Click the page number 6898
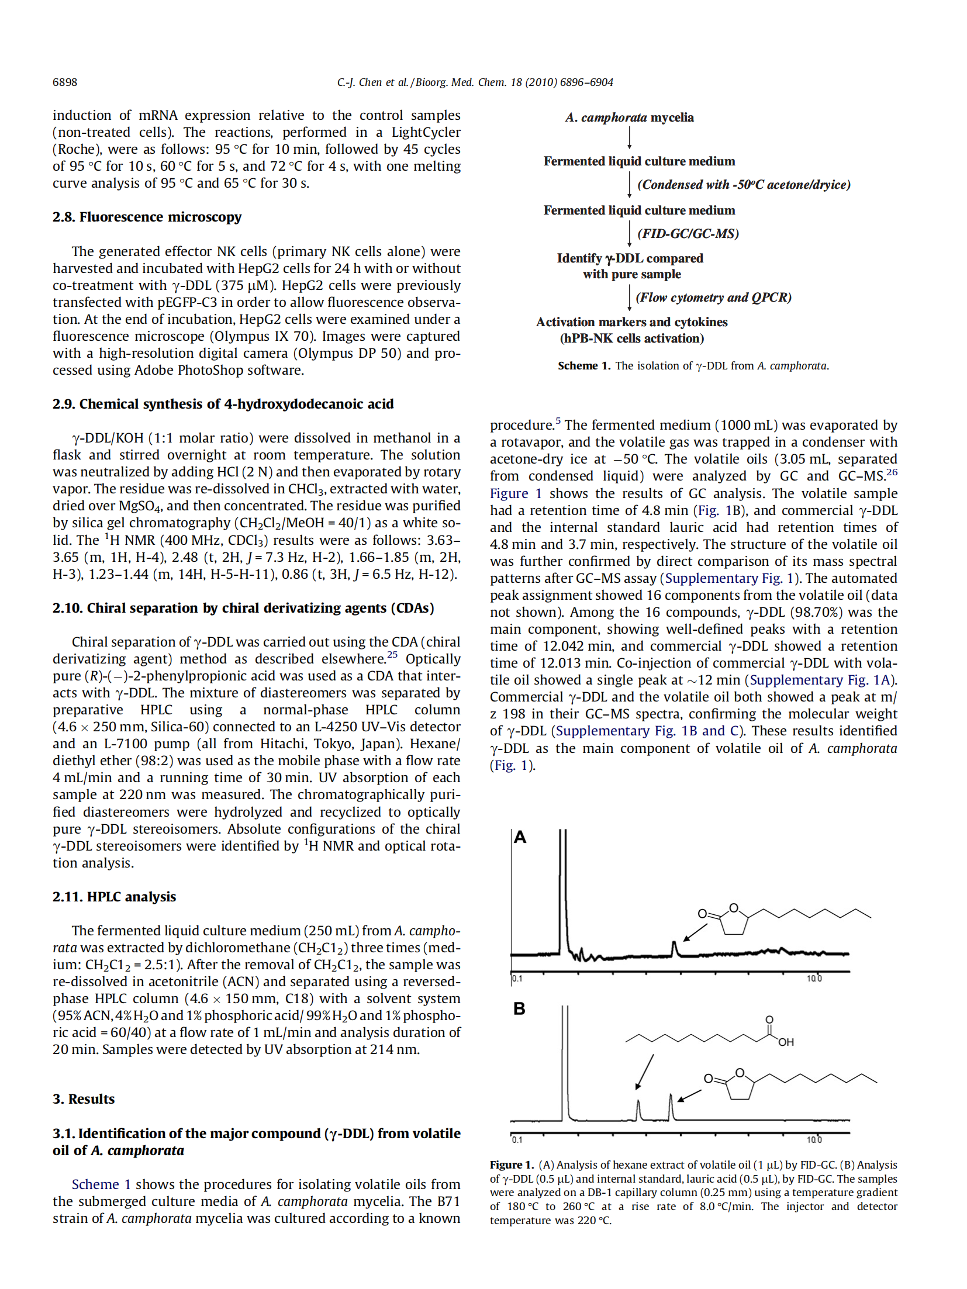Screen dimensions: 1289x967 tap(65, 82)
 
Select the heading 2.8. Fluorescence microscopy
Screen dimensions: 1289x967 tap(147, 217)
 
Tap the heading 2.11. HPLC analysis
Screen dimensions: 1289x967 tap(114, 897)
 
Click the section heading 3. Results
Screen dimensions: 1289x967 tap(84, 1099)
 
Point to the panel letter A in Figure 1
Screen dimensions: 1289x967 tap(520, 838)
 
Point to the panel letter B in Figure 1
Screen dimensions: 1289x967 tap(519, 1009)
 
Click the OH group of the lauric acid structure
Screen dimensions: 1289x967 tap(786, 1042)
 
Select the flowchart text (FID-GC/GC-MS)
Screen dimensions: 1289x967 tap(688, 234)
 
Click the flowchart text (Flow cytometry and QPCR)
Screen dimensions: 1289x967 tap(713, 298)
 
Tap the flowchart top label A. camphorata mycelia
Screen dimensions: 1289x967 tap(629, 118)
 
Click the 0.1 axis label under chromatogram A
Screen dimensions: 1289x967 tap(517, 979)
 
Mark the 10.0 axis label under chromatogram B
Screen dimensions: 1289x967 tap(814, 1140)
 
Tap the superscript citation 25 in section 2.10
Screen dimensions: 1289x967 tap(392, 655)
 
